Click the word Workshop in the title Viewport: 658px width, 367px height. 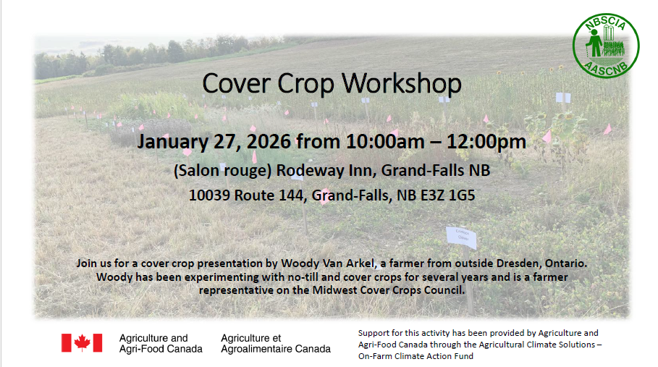401,83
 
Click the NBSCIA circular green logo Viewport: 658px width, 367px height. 606,46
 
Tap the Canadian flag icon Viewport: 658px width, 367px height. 82,342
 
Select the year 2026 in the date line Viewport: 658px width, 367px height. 269,142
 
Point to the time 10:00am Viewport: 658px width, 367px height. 385,142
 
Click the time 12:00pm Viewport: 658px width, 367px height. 486,142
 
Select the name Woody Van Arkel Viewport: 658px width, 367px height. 328,263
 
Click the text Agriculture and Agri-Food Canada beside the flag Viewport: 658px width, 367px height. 161,344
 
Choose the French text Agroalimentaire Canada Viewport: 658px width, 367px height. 276,349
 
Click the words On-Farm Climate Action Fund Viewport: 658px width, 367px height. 416,356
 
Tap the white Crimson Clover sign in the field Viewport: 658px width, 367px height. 461,237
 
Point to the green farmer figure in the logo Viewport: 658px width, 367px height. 594,43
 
